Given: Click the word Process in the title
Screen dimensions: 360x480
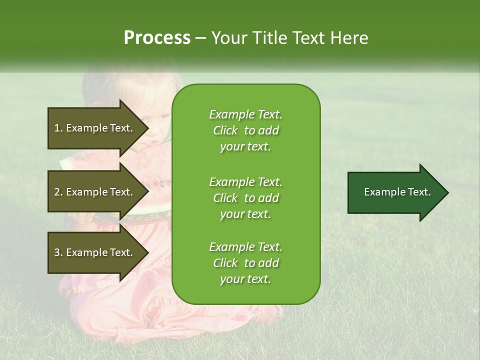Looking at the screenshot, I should click(x=157, y=38).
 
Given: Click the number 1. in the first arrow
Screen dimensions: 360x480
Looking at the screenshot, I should click(x=58, y=128).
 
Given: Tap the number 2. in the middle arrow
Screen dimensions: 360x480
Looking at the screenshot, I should click(x=58, y=192).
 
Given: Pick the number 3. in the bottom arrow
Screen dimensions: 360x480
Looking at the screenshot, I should click(x=58, y=252).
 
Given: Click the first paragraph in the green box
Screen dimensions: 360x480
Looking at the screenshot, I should click(x=245, y=130).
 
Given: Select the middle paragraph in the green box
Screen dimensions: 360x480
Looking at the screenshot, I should click(x=245, y=198).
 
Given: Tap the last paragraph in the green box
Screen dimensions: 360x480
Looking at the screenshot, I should click(x=245, y=263).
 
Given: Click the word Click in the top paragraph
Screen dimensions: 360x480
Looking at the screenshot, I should click(x=225, y=130).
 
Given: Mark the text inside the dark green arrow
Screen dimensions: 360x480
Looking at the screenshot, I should click(x=397, y=192).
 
